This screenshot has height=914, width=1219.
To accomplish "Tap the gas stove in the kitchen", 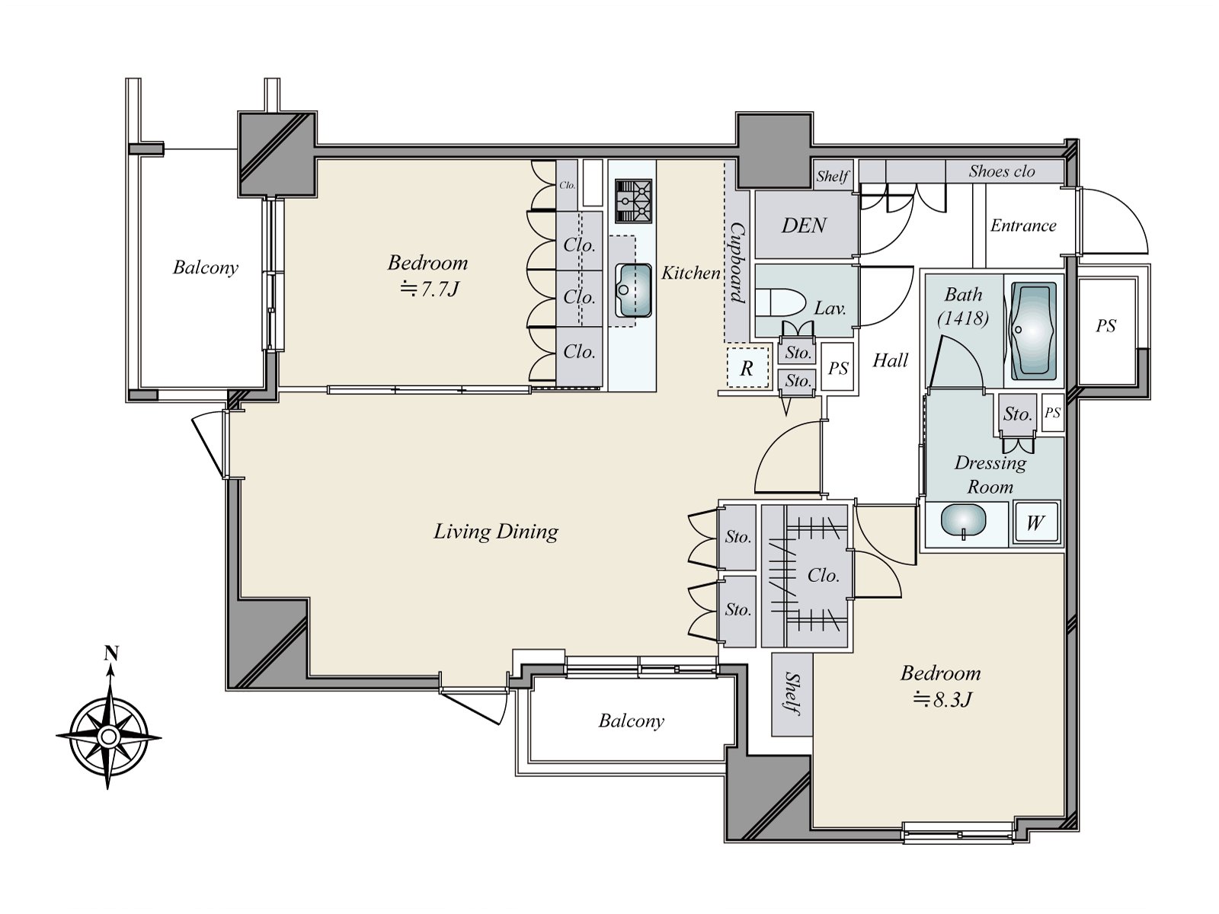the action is coord(633,201).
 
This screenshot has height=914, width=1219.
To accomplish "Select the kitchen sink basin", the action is coord(633,291).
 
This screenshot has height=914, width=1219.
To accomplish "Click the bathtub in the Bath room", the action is coord(1034,331).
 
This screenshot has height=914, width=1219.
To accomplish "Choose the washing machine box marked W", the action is coord(1036,521).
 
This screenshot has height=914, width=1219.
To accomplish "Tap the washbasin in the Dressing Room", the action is coord(964,521).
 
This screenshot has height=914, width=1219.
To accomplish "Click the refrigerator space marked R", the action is coord(747,367).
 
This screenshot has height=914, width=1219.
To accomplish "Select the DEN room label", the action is coord(804,225).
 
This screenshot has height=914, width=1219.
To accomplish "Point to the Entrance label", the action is coord(1023,225).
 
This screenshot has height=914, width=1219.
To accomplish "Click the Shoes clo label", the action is coord(1002,171).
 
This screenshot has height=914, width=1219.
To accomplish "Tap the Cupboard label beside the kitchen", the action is coord(737,263).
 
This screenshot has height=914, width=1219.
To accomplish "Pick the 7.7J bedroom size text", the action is coord(430,289).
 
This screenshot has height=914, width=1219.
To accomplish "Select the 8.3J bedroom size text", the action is coord(942,700).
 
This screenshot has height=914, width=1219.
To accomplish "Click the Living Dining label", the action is coord(495,532).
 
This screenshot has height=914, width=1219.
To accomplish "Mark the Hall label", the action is coord(890,361).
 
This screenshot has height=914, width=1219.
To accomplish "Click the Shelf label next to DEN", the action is coord(832,177).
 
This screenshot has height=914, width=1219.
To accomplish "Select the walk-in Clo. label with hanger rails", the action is coord(823,576).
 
